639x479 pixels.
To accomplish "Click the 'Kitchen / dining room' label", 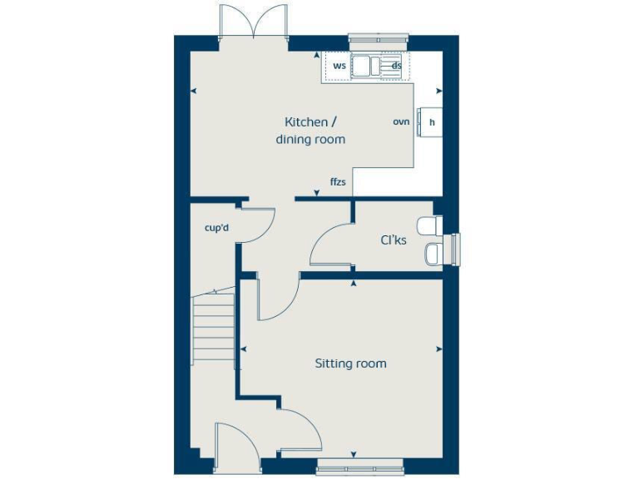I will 310,131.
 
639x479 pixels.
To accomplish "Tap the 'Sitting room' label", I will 350,363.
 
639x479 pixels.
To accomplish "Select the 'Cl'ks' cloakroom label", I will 394,241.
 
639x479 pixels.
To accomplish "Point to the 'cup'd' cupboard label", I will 216,227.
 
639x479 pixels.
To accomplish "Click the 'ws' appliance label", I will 339,65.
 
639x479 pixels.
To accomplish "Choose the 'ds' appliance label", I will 397,65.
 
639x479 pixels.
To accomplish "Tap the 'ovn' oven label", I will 401,121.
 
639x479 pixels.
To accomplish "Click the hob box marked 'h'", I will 432,122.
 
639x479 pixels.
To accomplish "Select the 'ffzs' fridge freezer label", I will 338,181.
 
